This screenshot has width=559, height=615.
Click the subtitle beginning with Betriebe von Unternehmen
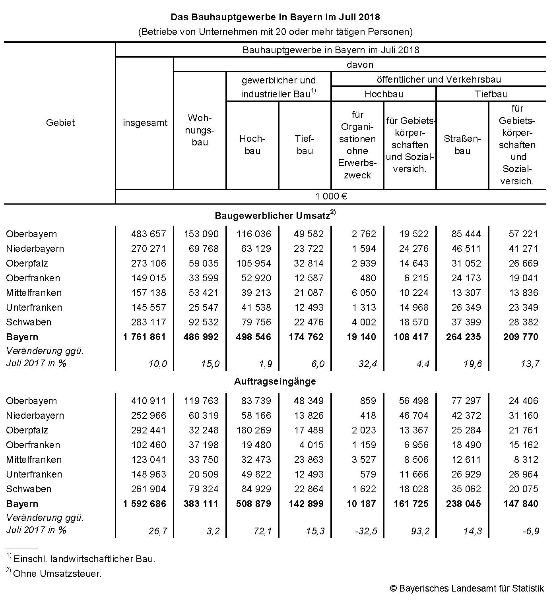275,31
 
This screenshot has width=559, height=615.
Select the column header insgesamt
145,123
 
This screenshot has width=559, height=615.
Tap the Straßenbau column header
462,145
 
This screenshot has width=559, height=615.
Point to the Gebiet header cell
60,123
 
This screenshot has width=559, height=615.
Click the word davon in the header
360,64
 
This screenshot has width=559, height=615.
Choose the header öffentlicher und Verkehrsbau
439,79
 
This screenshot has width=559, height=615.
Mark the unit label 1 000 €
331,196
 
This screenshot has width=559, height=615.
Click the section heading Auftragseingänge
275,381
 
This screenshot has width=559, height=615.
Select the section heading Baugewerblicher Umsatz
273,216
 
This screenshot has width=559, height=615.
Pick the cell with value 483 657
148,234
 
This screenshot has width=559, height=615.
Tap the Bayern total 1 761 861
144,337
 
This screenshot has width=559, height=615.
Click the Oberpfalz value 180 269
253,430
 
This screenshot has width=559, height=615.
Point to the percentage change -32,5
366,531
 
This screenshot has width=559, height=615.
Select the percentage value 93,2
420,531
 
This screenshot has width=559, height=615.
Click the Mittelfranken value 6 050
363,293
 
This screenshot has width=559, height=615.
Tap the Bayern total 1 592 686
144,504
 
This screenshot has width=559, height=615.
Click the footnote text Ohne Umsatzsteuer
57,574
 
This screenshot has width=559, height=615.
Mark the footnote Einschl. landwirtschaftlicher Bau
84,559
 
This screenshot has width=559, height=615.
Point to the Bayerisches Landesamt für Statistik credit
467,588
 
